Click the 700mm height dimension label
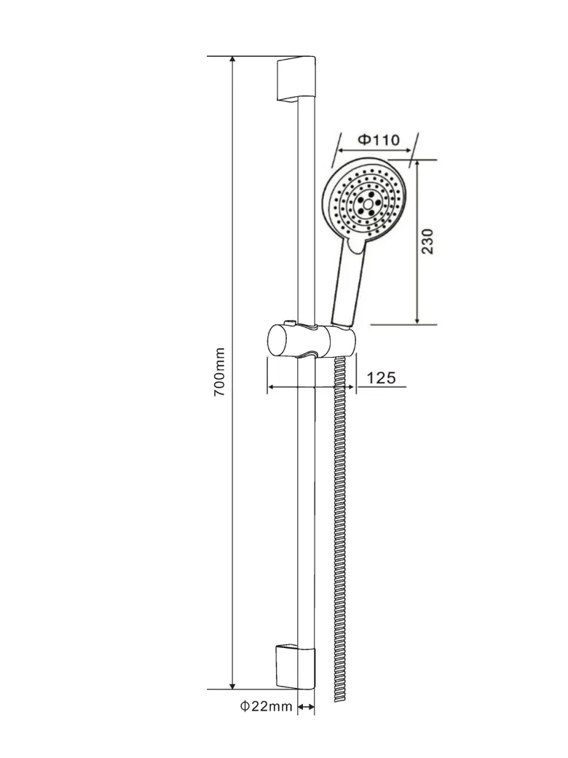coord(220,372)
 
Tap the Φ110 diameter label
coord(379,140)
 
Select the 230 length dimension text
coord(427,241)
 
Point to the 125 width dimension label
coord(381,378)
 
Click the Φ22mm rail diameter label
coord(267,707)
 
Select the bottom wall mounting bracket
coord(296,666)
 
